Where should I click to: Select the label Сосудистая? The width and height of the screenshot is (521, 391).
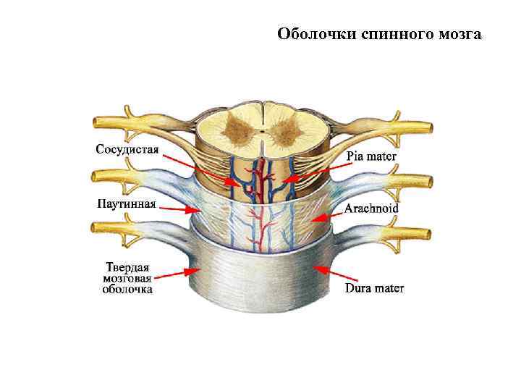pos(128,149)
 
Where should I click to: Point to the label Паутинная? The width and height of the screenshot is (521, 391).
pos(126,203)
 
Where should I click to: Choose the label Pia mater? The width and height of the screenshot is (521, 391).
pos(371,155)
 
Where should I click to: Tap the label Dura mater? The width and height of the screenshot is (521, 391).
pos(374,288)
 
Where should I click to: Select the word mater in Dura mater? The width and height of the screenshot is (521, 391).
pos(388,288)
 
